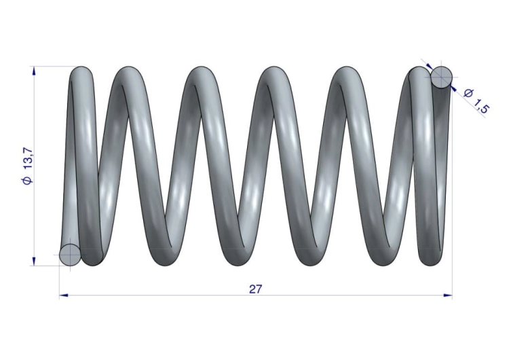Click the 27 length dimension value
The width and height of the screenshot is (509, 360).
254,289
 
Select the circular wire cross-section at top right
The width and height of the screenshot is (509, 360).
442,77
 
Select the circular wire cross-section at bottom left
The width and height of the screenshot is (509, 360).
70,255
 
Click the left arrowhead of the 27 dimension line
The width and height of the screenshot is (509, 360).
64,295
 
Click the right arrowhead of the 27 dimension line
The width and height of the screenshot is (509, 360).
448,295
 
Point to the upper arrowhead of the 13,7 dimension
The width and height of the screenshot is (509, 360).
34,71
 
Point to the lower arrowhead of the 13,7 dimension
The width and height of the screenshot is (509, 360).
34,262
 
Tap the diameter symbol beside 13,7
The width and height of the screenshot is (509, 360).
28,180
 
